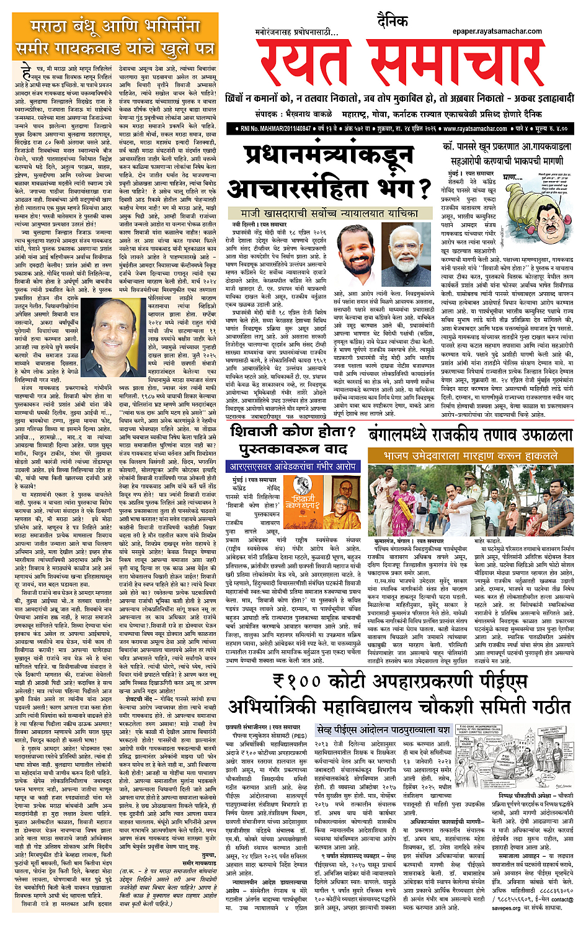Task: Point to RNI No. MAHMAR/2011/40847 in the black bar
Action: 280,128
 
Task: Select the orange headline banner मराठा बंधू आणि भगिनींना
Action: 115,28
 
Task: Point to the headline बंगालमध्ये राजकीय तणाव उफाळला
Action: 469,434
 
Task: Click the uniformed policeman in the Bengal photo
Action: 475,503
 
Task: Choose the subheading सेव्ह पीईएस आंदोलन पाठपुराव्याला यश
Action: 383,729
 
